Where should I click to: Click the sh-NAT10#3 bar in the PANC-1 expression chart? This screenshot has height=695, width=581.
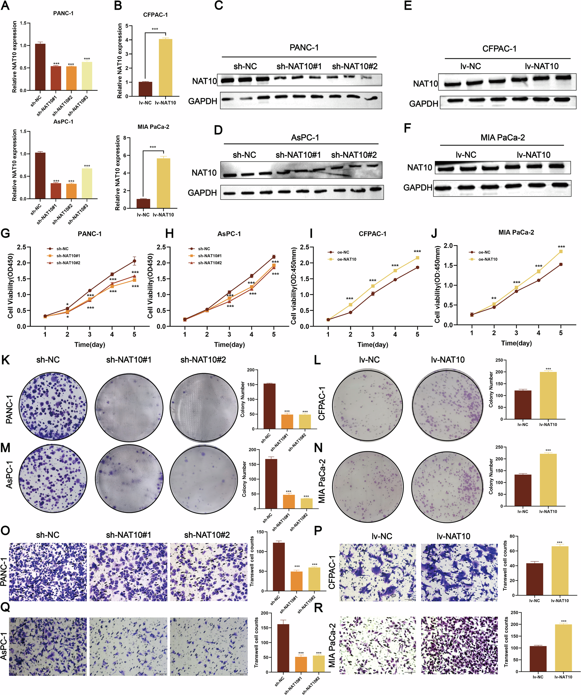[x=87, y=76]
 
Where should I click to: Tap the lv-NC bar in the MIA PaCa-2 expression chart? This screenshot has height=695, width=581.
[x=143, y=203]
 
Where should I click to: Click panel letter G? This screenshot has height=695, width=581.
[x=5, y=234]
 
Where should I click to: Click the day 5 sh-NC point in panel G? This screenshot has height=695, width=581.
[x=134, y=261]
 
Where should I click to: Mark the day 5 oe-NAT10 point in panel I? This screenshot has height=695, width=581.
[x=417, y=257]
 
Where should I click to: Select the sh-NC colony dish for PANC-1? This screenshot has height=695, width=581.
[x=53, y=406]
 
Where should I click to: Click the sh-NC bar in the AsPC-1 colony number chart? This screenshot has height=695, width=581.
[x=271, y=483]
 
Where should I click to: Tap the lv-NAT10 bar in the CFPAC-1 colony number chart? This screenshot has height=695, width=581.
[x=548, y=395]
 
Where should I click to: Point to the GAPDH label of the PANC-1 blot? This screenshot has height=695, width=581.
[x=202, y=101]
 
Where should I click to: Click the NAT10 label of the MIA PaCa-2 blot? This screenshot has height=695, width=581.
[x=419, y=167]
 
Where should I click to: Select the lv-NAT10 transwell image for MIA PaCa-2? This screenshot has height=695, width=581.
[x=459, y=645]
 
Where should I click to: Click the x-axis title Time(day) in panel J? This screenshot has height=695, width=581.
[x=516, y=343]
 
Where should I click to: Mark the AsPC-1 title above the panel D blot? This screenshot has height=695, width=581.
[x=305, y=137]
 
